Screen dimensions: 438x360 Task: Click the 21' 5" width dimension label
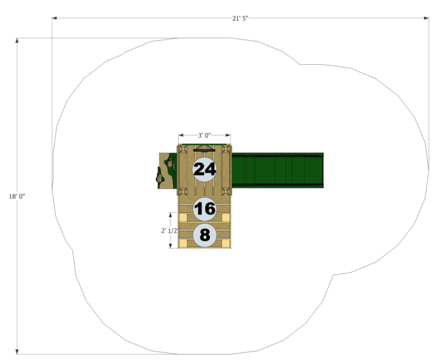click(x=240, y=18)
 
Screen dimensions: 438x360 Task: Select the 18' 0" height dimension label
click(x=17, y=197)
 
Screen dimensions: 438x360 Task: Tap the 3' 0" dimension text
click(x=204, y=136)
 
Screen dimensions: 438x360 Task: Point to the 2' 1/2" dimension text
click(x=169, y=231)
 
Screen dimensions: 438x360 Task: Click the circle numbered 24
click(x=205, y=169)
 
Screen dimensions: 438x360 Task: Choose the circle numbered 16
click(x=205, y=209)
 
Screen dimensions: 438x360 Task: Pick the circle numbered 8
click(x=205, y=235)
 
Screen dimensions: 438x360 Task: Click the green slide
click(x=278, y=170)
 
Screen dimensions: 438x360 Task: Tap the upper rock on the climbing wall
click(x=170, y=163)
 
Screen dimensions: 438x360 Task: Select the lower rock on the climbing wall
click(x=159, y=178)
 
